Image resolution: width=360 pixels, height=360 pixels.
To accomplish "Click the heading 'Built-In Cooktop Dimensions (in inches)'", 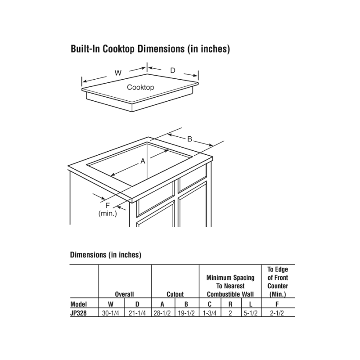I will [150, 49].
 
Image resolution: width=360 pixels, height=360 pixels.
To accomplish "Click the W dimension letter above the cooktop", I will [118, 73].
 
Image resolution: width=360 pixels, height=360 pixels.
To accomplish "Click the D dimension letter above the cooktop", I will [172, 70].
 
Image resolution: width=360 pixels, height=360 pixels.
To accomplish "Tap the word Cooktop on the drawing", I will [140, 87].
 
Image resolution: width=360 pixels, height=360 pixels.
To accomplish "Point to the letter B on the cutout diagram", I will [190, 139].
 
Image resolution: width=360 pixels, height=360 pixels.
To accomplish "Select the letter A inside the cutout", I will [143, 161].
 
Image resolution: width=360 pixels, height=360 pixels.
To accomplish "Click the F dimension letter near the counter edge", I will [108, 206].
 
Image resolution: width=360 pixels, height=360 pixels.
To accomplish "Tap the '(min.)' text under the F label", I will [108, 213].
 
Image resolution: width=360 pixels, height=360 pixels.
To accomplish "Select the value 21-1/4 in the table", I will [138, 313].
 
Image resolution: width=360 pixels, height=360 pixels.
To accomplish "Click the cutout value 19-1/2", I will [186, 313].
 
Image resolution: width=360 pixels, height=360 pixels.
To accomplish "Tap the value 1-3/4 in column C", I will [210, 313].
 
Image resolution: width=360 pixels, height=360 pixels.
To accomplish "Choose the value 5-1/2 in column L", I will [251, 313].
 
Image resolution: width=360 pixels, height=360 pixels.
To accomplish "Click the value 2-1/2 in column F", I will [278, 313].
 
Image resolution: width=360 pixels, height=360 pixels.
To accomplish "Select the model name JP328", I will [78, 313].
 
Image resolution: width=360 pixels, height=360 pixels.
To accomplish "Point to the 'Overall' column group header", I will [124, 294].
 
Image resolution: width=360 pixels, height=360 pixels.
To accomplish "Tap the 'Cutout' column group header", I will [175, 294].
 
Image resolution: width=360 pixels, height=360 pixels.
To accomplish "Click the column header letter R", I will [230, 304].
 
